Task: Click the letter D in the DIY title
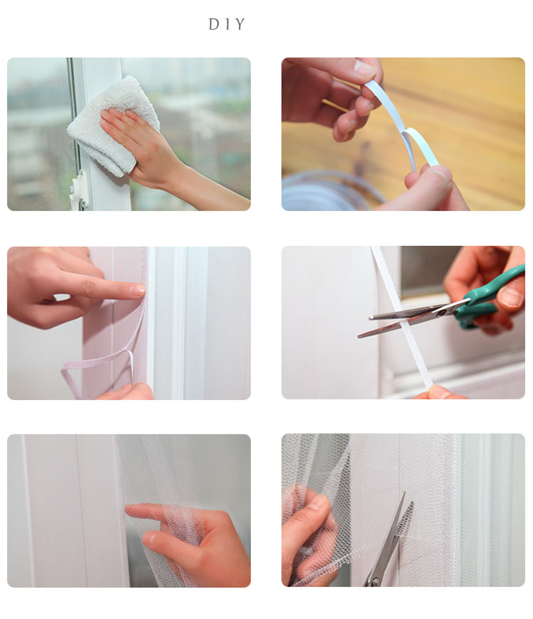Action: (213, 25)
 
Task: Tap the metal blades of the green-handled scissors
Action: (405, 316)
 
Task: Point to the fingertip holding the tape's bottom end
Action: (437, 392)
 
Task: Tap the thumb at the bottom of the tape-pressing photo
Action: (131, 392)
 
